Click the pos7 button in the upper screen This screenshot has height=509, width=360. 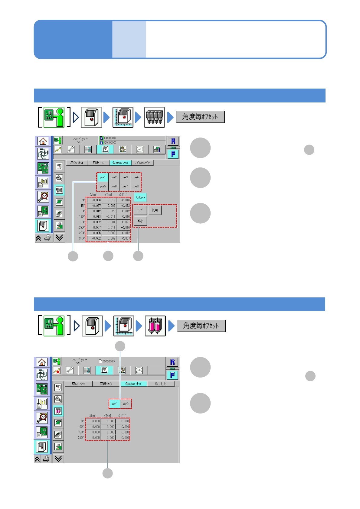click(125, 186)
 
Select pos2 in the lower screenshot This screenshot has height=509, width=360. click(126, 404)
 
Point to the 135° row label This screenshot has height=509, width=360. click(82, 216)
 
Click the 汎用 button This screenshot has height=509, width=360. click(155, 210)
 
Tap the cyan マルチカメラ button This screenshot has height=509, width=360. click(140, 197)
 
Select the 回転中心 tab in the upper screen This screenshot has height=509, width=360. click(99, 163)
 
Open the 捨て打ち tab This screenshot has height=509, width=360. click(161, 384)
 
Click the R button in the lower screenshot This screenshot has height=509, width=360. click(172, 362)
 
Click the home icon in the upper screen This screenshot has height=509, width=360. click(43, 141)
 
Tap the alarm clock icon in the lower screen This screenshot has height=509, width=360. click(42, 417)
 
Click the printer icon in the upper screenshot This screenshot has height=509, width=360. click(47, 238)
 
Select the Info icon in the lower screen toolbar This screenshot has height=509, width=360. click(139, 370)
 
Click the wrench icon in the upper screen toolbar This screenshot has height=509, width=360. click(71, 149)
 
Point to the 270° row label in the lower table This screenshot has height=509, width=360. click(81, 438)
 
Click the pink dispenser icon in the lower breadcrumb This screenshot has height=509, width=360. click(155, 326)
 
